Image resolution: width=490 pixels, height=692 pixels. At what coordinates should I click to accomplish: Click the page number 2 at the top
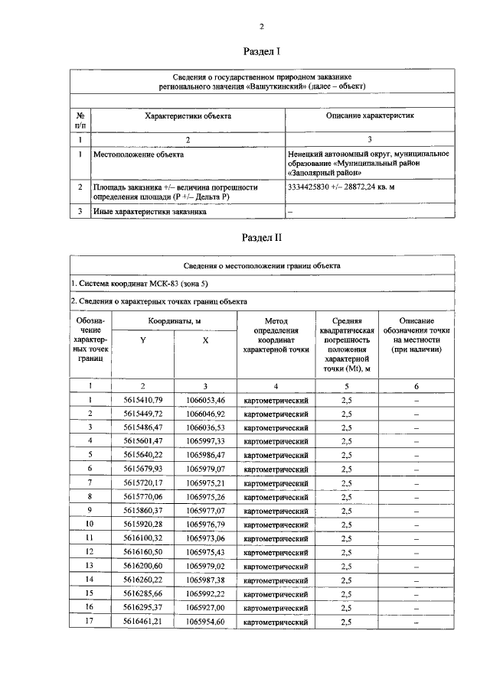pos(262,26)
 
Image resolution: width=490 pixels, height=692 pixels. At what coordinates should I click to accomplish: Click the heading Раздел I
pos(262,52)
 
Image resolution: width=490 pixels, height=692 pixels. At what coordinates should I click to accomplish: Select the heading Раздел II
pos(262,237)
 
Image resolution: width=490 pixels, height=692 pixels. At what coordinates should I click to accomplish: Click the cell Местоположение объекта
pos(138,154)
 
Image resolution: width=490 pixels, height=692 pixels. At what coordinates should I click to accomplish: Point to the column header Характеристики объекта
pos(188,116)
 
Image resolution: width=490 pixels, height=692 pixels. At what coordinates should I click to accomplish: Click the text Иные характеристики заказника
pos(149,212)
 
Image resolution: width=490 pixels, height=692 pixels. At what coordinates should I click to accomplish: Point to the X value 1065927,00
pos(205,609)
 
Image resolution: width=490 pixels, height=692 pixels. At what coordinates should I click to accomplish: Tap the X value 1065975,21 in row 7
pos(205,483)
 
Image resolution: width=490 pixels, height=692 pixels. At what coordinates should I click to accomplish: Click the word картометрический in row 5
pos(276,455)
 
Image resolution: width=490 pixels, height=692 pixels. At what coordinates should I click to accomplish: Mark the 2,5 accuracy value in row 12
pos(347,553)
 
